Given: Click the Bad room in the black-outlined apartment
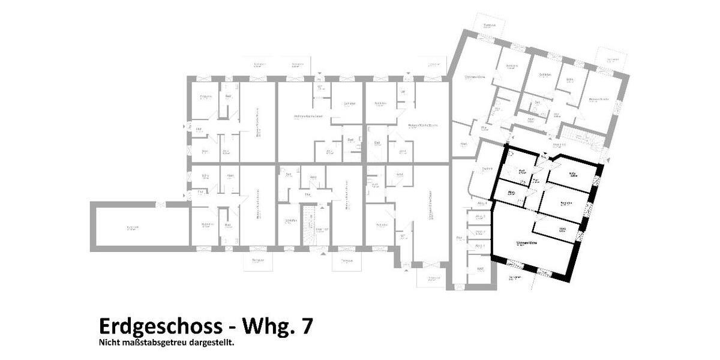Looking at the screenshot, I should [x=521, y=172].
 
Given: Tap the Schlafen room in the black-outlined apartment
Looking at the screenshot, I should [x=564, y=203].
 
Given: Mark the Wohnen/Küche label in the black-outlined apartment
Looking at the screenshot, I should [x=526, y=243].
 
